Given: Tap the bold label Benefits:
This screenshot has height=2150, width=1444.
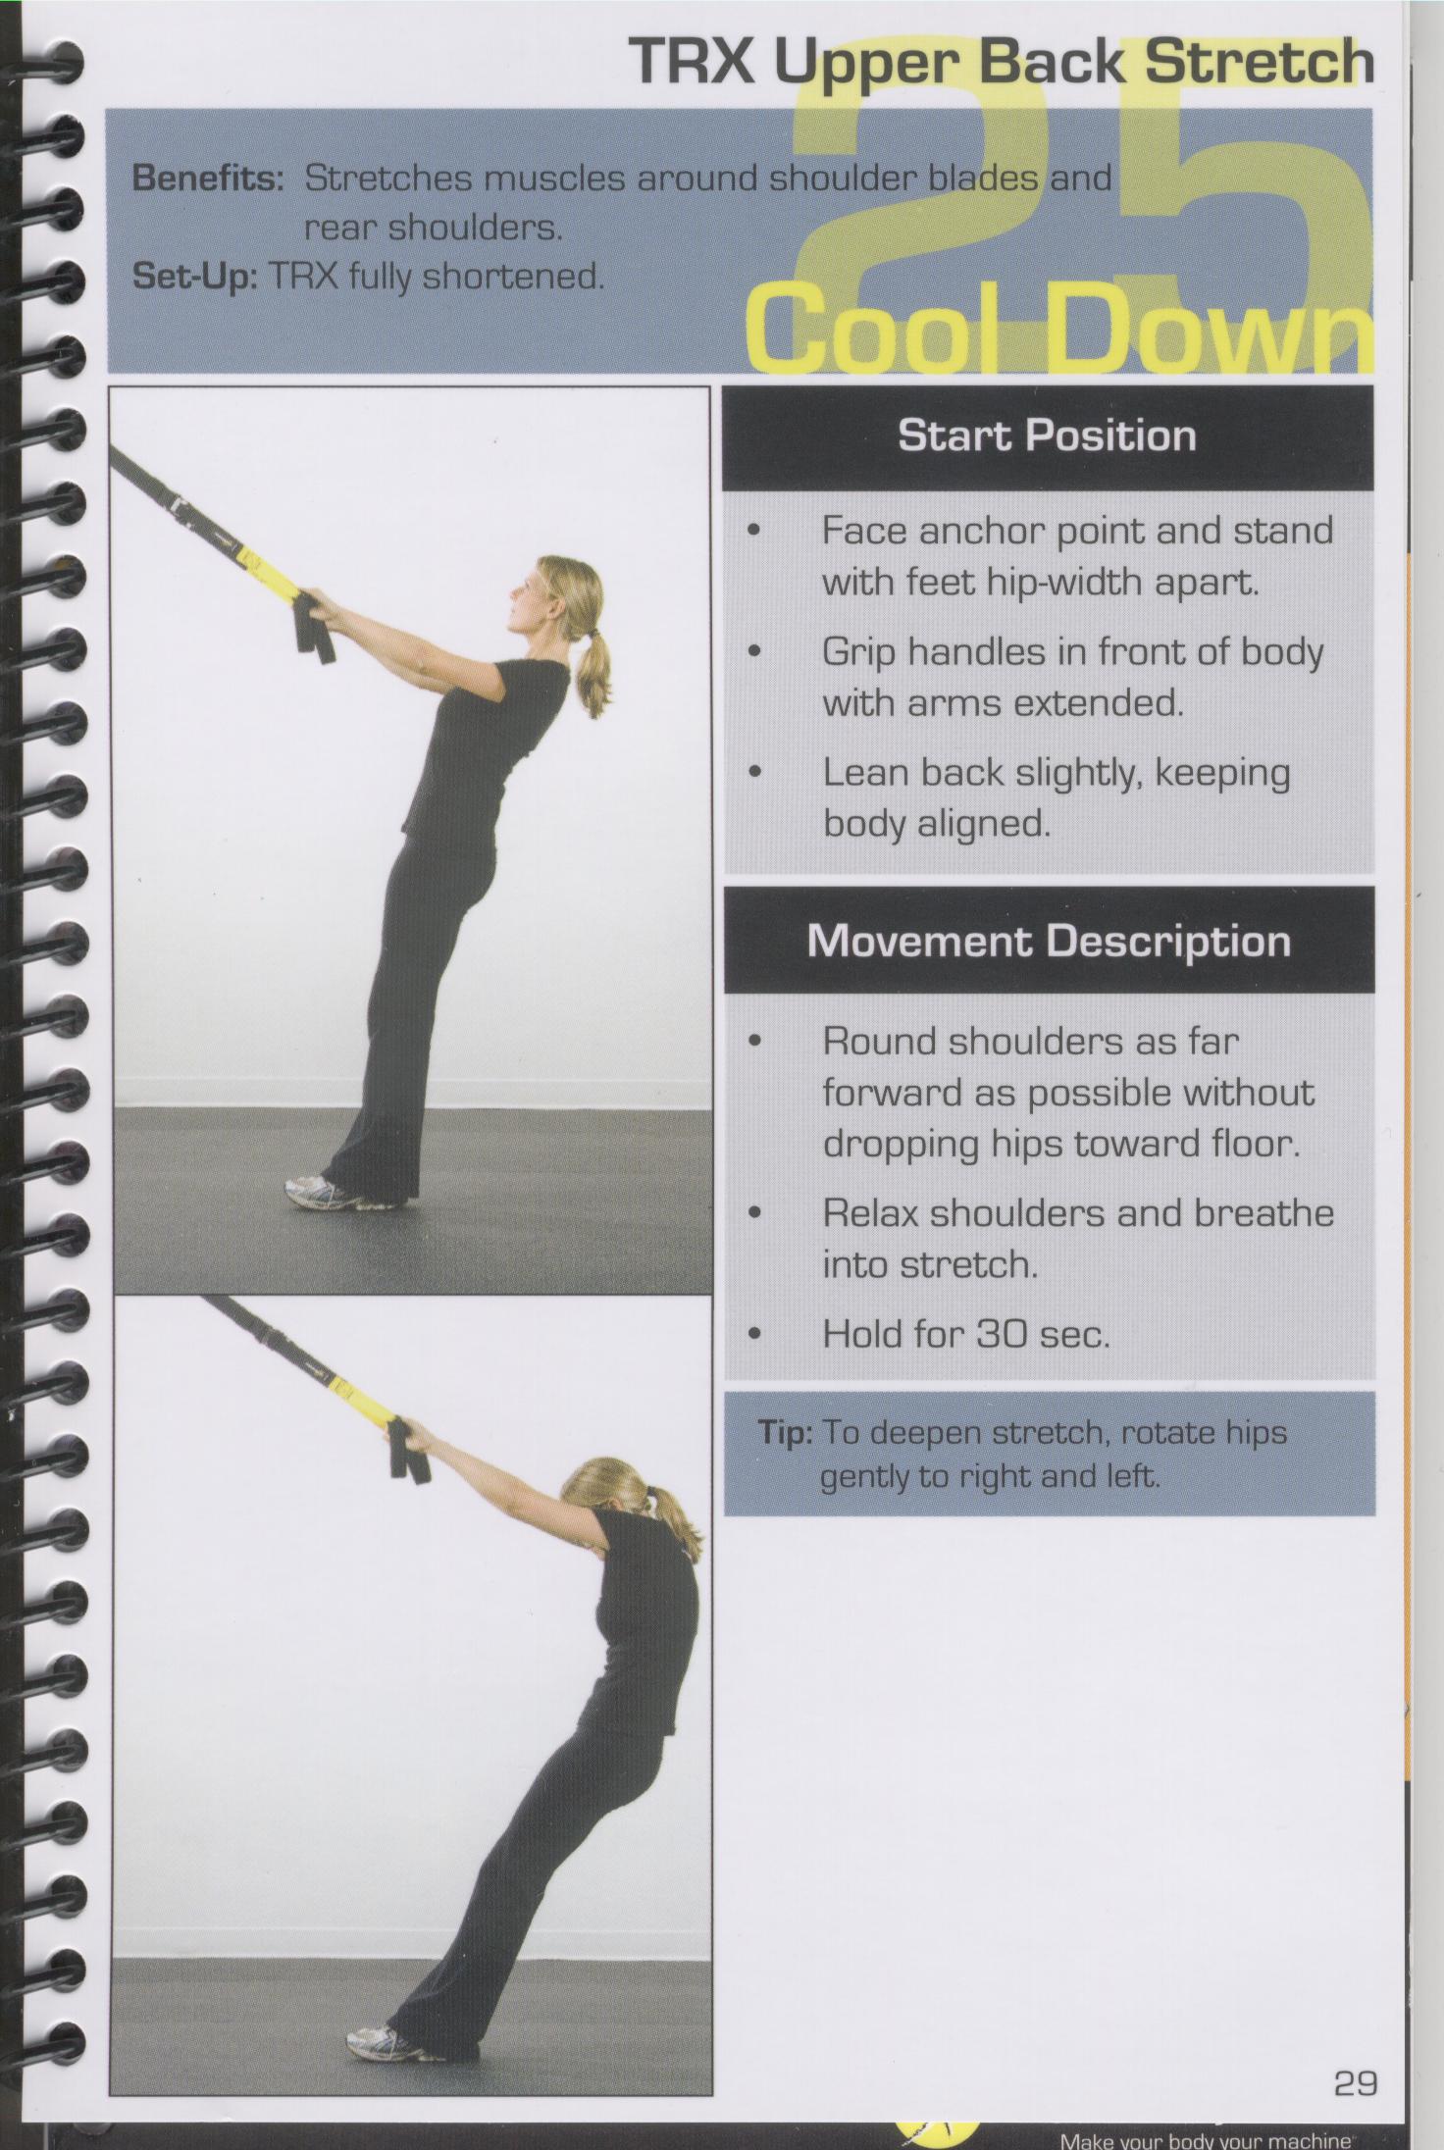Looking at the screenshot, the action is tap(208, 179).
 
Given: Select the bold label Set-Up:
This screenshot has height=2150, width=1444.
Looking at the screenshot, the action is tap(194, 277).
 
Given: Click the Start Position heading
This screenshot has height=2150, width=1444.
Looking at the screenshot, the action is tap(1047, 435).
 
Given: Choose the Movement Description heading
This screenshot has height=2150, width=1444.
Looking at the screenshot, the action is tap(1048, 941).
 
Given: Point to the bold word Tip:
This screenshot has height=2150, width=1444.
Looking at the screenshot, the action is tap(784, 1433).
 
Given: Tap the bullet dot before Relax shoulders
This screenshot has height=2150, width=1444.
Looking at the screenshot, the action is tap(753, 1213).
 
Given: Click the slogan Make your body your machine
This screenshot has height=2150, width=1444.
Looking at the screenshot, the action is tap(1207, 2140).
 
